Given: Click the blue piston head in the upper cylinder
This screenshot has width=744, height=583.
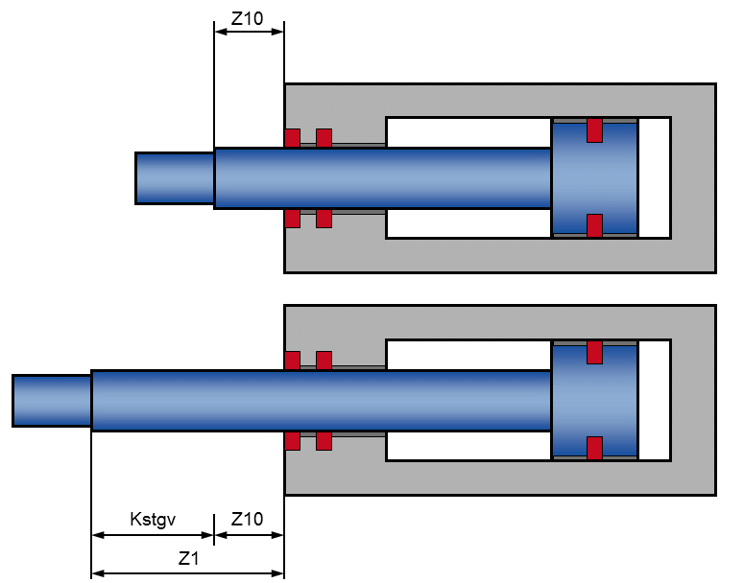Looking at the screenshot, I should pyautogui.click(x=594, y=178).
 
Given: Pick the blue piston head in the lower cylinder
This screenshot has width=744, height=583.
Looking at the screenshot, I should pyautogui.click(x=594, y=401).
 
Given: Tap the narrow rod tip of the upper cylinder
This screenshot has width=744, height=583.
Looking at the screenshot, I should pyautogui.click(x=174, y=178).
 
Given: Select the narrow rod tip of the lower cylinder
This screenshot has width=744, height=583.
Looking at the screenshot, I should pyautogui.click(x=52, y=401).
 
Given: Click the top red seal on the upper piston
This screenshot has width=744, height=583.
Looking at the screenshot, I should pyautogui.click(x=594, y=129).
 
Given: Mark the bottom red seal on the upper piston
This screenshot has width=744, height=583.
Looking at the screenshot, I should pyautogui.click(x=594, y=225).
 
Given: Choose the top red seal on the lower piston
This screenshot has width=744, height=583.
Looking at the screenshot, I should pyautogui.click(x=594, y=352).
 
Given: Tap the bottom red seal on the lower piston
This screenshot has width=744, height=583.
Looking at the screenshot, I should pyautogui.click(x=594, y=448).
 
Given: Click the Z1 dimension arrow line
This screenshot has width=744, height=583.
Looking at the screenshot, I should pyautogui.click(x=188, y=574).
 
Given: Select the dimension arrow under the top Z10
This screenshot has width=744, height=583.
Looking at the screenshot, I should pyautogui.click(x=249, y=31).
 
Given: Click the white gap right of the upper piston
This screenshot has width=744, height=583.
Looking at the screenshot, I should pyautogui.click(x=654, y=178).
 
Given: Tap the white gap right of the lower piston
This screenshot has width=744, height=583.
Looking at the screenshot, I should pyautogui.click(x=654, y=401).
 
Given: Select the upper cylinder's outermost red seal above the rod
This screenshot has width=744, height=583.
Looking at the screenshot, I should pyautogui.click(x=292, y=138).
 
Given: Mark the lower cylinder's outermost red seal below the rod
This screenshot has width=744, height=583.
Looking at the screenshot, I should pyautogui.click(x=292, y=441).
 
